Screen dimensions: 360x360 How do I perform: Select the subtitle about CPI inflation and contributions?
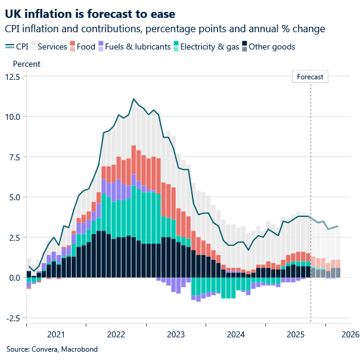pos(165,29)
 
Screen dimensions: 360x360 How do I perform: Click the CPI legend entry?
pos(18,46)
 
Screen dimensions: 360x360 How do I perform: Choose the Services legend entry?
pos(48,46)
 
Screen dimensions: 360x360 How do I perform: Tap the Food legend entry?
pos(83,46)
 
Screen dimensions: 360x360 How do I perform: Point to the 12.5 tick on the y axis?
pos(12,76)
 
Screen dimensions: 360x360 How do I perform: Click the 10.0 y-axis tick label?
pos(12,117)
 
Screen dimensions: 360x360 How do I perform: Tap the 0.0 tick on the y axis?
pos(14,278)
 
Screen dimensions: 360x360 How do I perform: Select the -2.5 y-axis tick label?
pos(12,318)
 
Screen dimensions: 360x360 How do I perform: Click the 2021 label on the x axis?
pos(56,334)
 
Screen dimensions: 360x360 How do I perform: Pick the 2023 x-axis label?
pos(175,334)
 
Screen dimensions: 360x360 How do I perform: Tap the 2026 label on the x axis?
pos(350,334)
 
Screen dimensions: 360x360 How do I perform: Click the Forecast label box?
pos(311,77)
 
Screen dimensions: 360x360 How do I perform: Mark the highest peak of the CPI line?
pos(134,99)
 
